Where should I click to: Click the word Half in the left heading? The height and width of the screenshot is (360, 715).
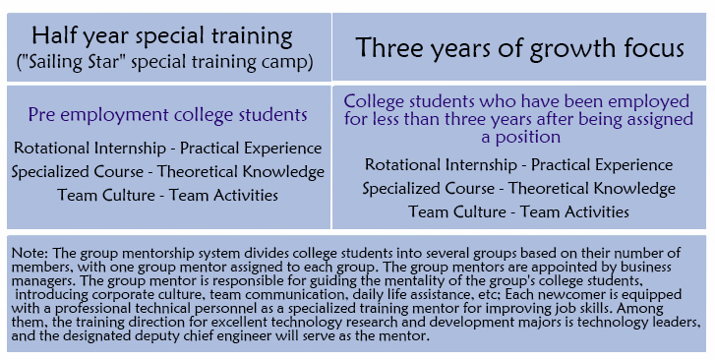click(x=50, y=35)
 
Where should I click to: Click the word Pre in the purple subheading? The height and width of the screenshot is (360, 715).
click(x=42, y=114)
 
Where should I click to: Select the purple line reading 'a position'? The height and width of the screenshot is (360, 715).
click(x=520, y=137)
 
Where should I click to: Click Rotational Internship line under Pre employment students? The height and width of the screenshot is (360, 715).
click(x=168, y=149)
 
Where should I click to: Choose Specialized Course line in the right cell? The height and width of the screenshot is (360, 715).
click(x=519, y=189)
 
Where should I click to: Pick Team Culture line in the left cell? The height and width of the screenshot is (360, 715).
click(x=168, y=196)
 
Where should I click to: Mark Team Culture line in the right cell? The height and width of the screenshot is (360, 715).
click(x=519, y=211)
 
